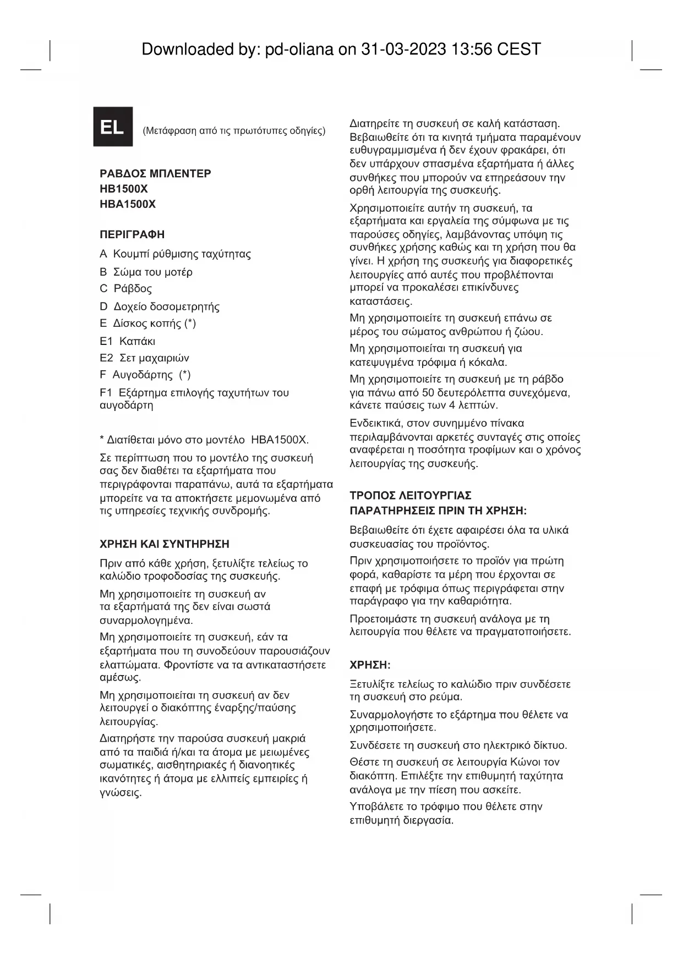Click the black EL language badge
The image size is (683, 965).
click(113, 127)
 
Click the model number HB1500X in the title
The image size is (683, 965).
click(124, 189)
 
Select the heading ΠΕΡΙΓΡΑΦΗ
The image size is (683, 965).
click(132, 235)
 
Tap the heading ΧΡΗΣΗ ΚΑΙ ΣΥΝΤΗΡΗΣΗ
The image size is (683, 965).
click(165, 544)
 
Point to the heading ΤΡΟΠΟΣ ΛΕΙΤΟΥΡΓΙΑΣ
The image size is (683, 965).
click(411, 496)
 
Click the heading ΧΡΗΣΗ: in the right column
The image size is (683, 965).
click(370, 665)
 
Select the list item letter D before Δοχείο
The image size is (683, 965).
click(103, 306)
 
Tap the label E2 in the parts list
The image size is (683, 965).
click(106, 358)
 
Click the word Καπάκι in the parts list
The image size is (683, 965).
click(137, 341)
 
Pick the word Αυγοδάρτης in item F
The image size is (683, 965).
click(143, 375)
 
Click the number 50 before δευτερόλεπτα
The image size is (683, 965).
click(428, 393)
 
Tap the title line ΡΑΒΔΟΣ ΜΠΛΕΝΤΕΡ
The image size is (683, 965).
click(155, 174)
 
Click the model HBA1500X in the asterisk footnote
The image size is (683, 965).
click(279, 440)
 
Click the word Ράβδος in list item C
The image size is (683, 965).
click(133, 289)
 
